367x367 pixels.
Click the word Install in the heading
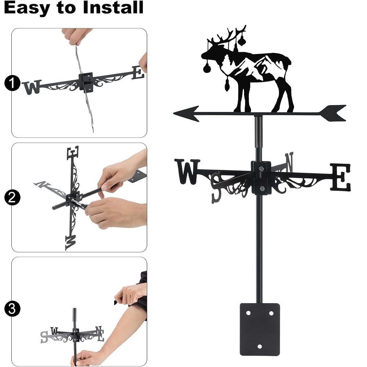(113, 7)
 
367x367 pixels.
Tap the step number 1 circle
(12, 83)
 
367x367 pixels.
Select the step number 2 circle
(12, 197)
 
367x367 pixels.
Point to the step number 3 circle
(12, 309)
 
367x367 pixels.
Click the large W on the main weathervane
(187, 171)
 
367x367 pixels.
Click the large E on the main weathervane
(341, 177)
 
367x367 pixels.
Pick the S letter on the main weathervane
(216, 188)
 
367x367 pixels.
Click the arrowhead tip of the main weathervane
(174, 113)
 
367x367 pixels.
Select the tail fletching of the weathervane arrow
(333, 113)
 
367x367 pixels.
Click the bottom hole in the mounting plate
(259, 346)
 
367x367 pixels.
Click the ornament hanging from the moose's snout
(206, 68)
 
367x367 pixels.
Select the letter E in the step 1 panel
(138, 72)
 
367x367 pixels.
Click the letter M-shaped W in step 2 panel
(71, 243)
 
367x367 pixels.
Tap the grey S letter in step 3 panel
(44, 337)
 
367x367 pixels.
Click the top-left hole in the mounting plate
(248, 313)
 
